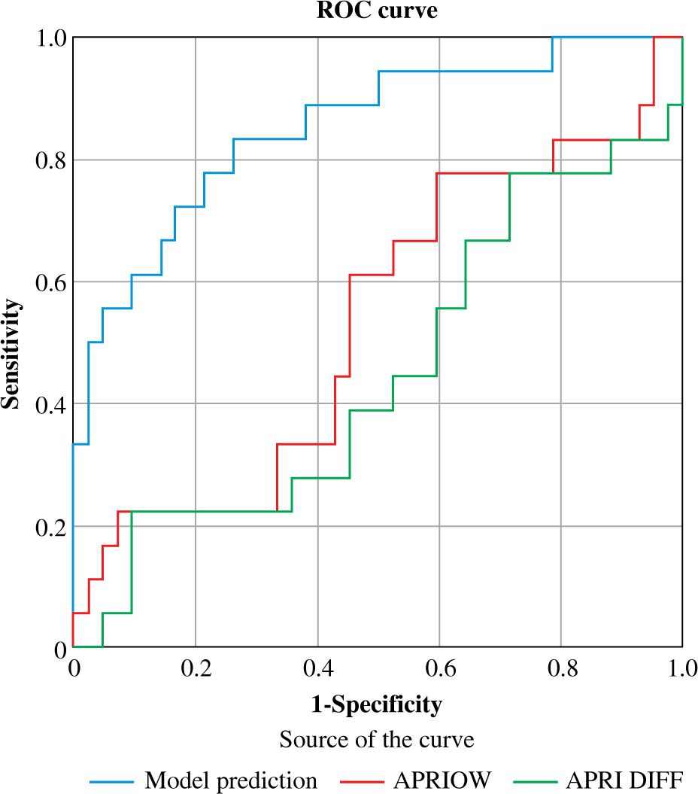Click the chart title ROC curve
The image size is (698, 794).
[377, 11]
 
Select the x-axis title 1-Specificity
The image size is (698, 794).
[377, 705]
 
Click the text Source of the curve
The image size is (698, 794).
[377, 740]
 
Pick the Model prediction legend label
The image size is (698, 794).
[231, 780]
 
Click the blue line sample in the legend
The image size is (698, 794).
[111, 780]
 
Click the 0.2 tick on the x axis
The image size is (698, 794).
[195, 668]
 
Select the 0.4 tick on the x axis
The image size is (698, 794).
[317, 668]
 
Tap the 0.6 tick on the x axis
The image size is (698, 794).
[439, 668]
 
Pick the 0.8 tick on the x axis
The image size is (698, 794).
[561, 668]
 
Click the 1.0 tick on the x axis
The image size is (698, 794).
[681, 668]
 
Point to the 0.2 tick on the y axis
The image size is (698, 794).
[48, 526]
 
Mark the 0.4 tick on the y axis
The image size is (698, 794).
[48, 404]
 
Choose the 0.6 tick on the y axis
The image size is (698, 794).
[48, 282]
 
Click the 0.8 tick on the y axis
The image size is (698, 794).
[48, 160]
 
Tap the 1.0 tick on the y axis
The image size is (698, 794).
[48, 38]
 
